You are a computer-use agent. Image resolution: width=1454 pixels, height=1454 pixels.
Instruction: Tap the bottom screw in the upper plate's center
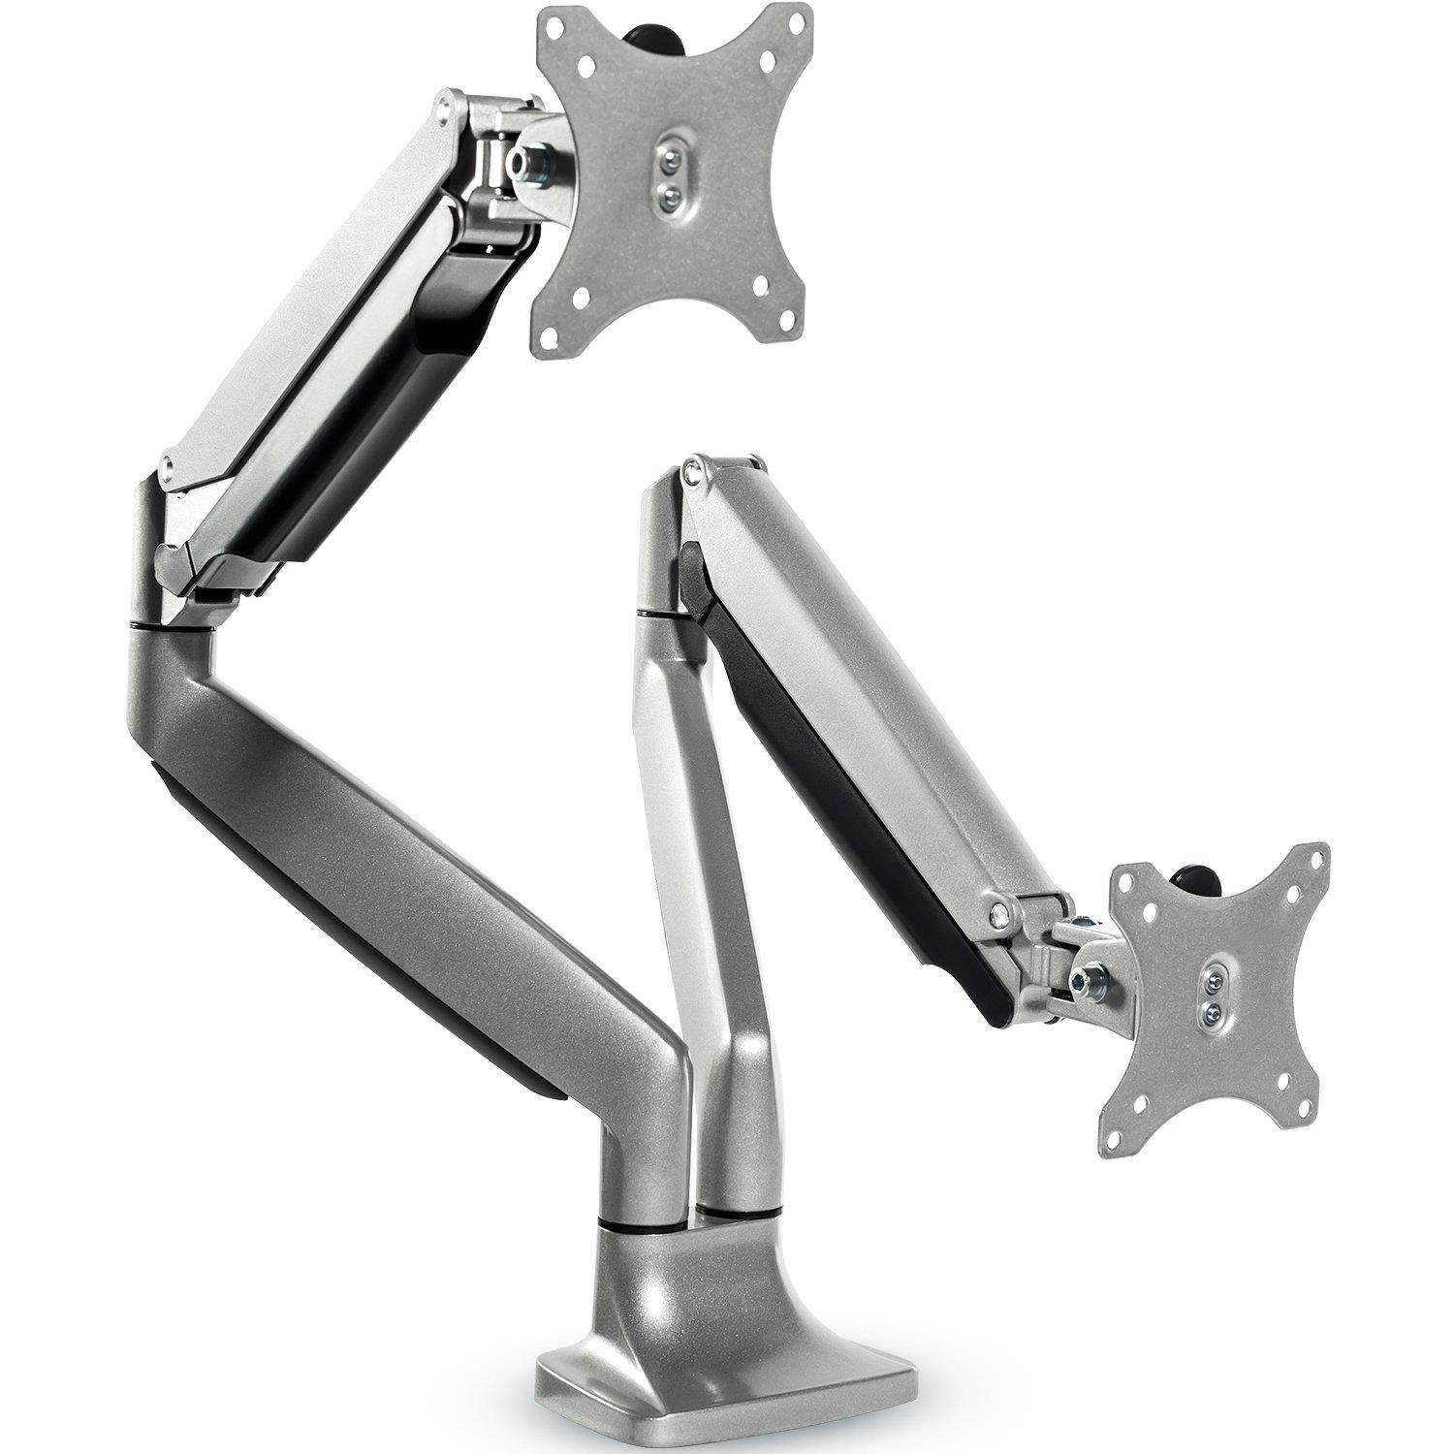click(667, 195)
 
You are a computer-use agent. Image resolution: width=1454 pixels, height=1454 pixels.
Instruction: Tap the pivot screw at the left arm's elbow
click(173, 466)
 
